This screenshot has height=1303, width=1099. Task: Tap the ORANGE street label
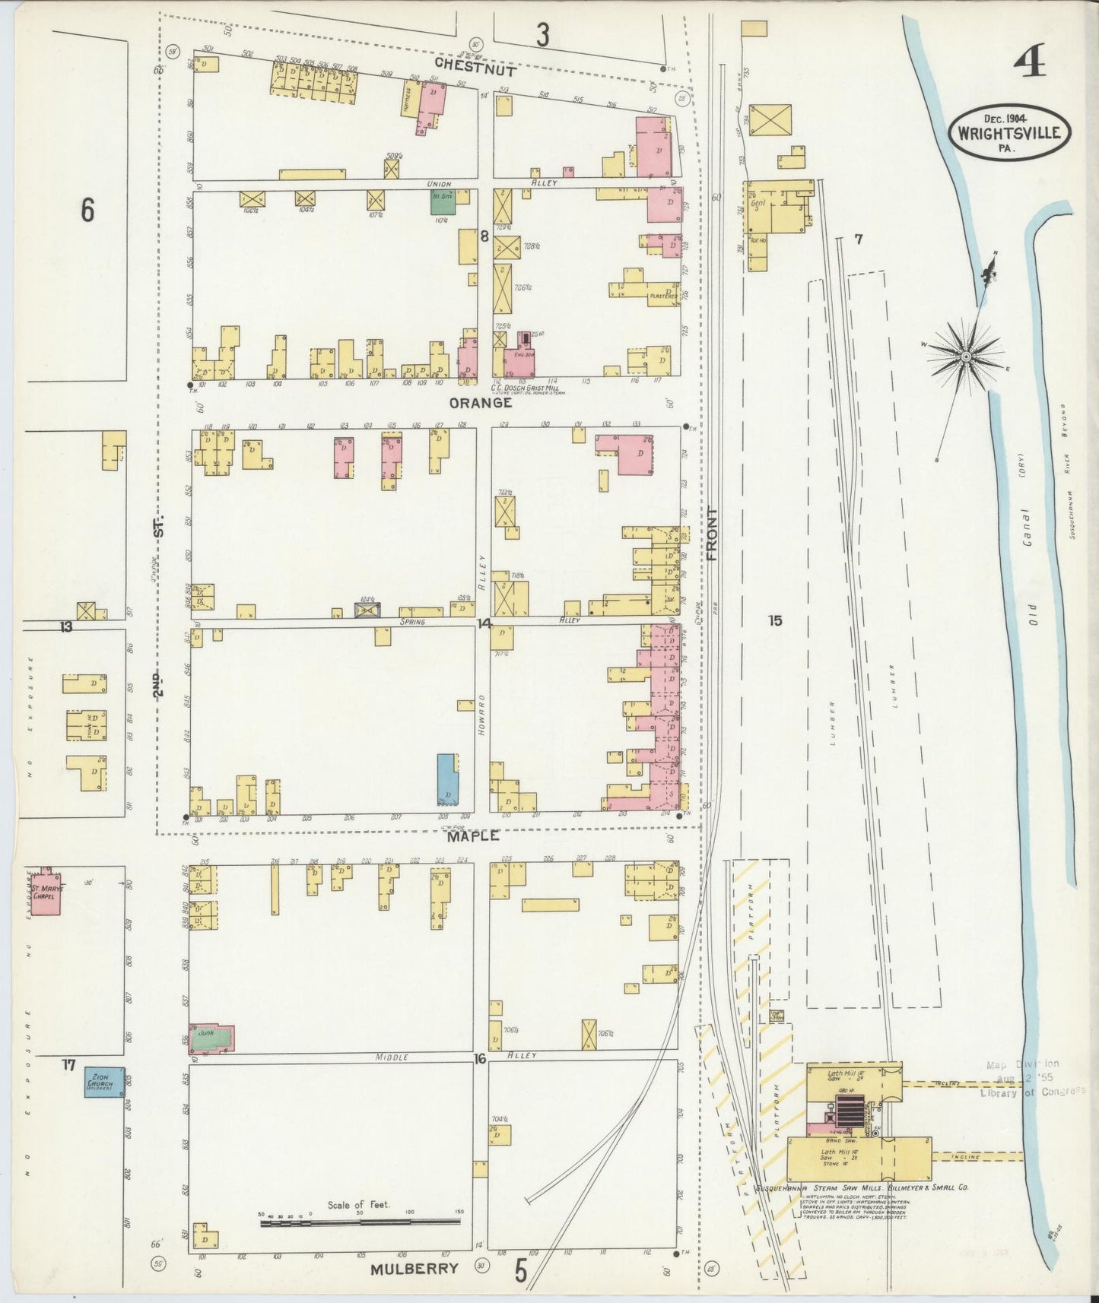click(x=480, y=404)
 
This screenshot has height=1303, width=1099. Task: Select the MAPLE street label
click(x=472, y=836)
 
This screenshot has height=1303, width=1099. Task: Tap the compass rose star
click(x=965, y=356)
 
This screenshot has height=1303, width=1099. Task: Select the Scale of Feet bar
click(x=360, y=1222)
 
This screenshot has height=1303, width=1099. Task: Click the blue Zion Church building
click(x=103, y=1083)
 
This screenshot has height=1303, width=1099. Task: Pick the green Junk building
click(x=211, y=1037)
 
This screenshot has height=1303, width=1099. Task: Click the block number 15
click(x=774, y=621)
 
